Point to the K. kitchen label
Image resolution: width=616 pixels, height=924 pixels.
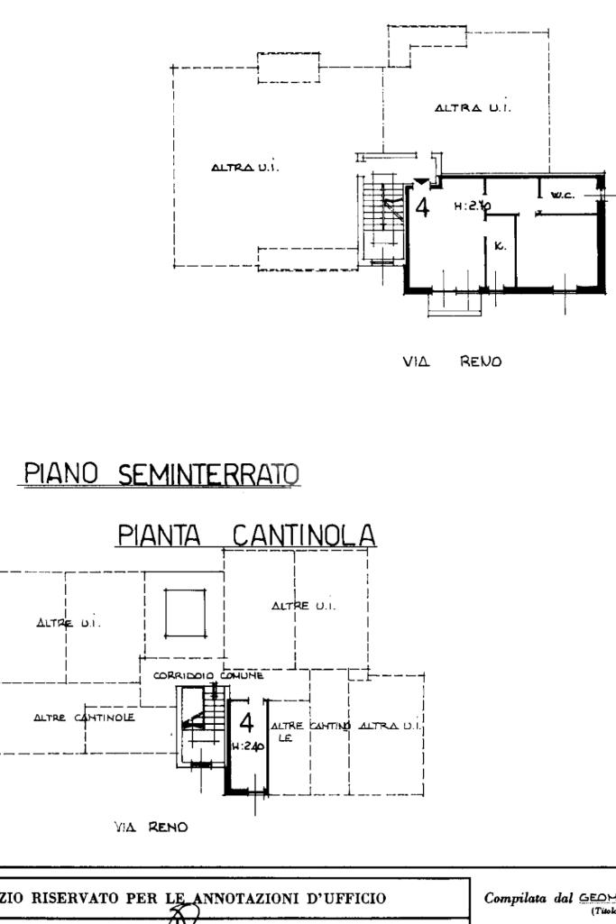tap(501, 245)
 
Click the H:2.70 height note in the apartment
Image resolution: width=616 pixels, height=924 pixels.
tap(472, 206)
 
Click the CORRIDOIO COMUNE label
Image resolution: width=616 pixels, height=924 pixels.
tap(208, 674)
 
